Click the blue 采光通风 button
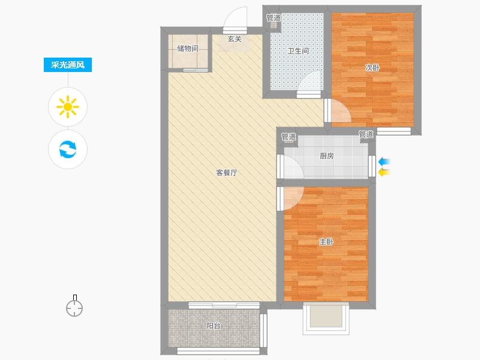(x=68, y=65)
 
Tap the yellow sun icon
(x=68, y=107)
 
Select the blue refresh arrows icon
(x=68, y=149)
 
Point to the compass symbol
(x=74, y=306)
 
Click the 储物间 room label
(x=188, y=49)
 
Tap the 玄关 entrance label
(x=235, y=39)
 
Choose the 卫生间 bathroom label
(x=298, y=51)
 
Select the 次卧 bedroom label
(x=373, y=68)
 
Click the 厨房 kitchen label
(x=326, y=156)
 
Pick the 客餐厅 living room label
(x=227, y=173)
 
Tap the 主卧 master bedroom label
(x=326, y=242)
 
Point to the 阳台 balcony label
(x=214, y=326)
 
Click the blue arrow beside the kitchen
(x=385, y=161)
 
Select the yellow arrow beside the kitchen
(x=385, y=172)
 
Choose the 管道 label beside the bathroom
(x=274, y=18)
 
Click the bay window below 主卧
(x=326, y=319)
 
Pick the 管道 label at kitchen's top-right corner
(x=366, y=134)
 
